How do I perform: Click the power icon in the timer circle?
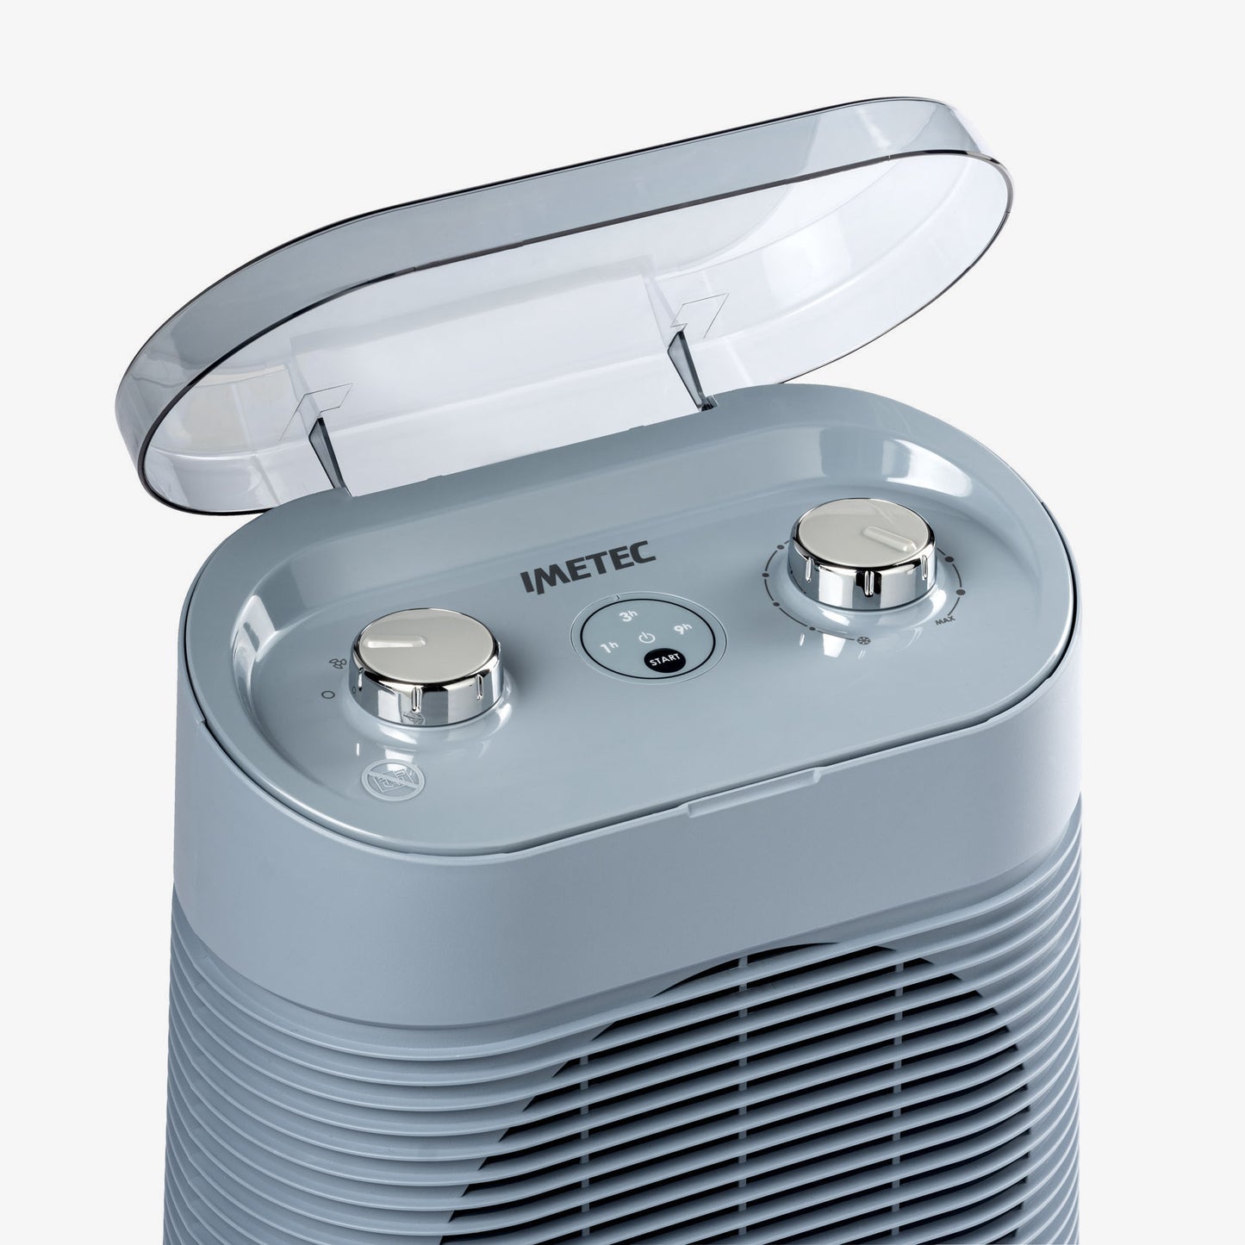[645, 638]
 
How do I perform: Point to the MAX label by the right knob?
[944, 623]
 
